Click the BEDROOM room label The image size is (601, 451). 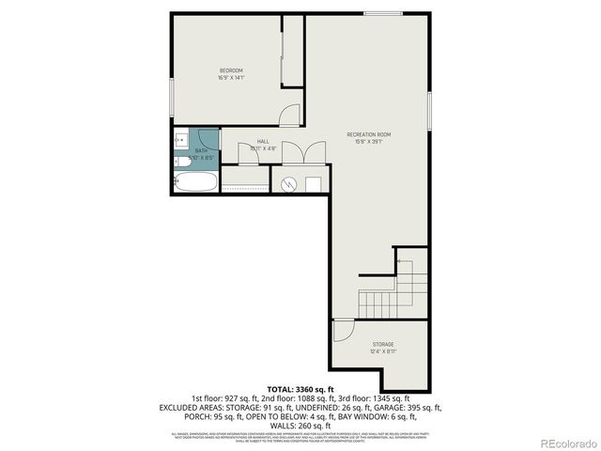point(231,71)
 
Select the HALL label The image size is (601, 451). point(263,141)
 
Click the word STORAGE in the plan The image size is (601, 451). point(382,345)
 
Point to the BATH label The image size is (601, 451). point(201,150)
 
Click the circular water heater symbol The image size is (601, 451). point(290,183)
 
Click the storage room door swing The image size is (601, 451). point(343,330)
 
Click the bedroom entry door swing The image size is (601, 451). point(292,117)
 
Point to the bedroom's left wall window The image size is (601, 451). point(171,98)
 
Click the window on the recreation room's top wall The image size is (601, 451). point(381,13)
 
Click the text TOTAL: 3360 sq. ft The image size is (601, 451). point(300,387)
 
